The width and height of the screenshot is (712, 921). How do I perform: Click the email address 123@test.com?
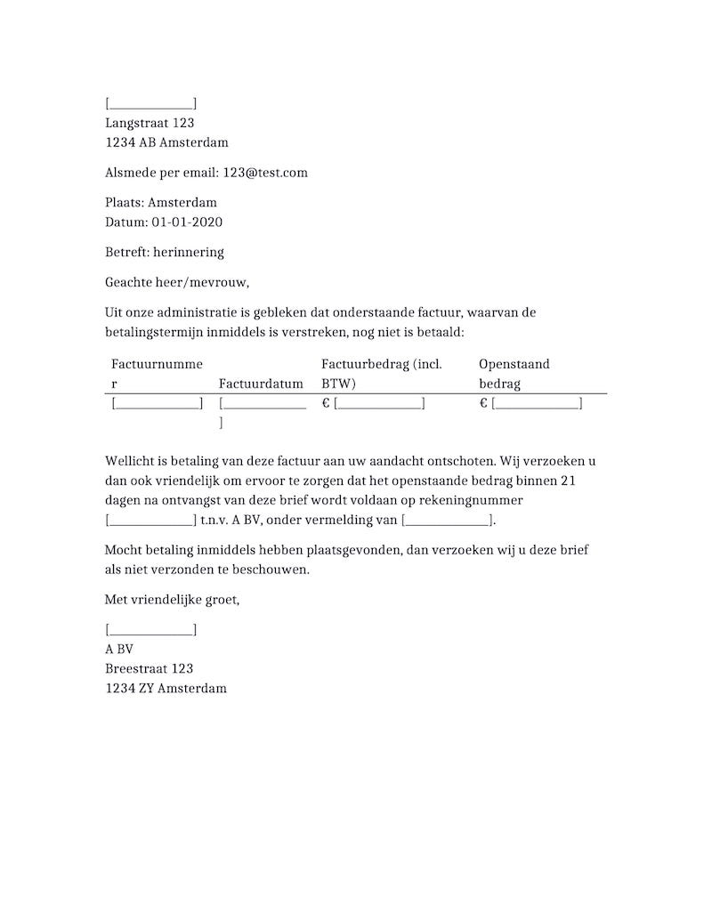[265, 173]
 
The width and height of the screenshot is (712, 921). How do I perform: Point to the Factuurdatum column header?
[261, 384]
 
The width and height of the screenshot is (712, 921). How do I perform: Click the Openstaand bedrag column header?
[514, 374]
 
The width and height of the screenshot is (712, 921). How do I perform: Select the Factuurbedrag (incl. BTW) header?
[381, 374]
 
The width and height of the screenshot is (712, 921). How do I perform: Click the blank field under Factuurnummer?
[158, 404]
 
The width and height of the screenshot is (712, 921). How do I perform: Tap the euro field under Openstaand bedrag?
[536, 404]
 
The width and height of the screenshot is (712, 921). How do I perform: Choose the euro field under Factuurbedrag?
[379, 404]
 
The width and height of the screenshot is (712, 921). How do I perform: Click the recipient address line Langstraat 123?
[150, 123]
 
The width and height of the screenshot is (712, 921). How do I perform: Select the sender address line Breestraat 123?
[149, 668]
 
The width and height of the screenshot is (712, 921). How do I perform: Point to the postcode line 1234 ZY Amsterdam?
[166, 688]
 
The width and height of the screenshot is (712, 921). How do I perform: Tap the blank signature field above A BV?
[150, 630]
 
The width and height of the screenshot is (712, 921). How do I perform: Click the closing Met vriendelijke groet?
[172, 600]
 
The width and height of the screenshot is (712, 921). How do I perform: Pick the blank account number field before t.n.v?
[150, 521]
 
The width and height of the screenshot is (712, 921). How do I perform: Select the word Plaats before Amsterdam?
[123, 203]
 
